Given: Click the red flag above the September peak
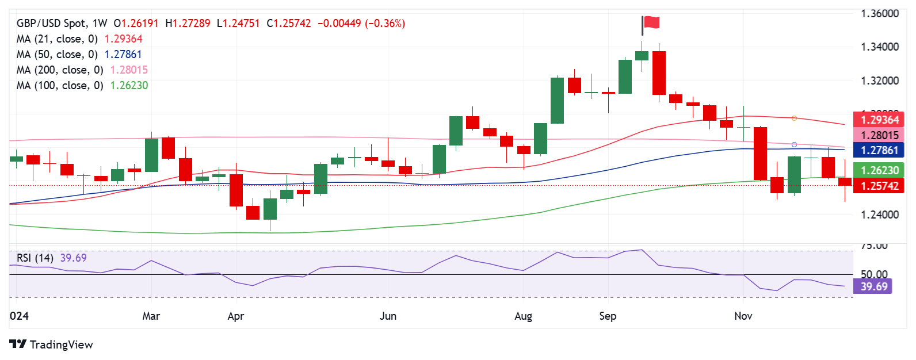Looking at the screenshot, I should [x=651, y=23].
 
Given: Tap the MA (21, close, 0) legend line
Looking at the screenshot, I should [x=79, y=39].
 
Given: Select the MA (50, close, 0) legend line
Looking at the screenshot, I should [x=79, y=55].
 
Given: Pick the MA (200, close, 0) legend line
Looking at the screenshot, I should [x=82, y=70].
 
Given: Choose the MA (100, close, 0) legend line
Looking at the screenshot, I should [x=82, y=86].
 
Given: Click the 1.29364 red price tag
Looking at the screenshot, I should [x=879, y=120].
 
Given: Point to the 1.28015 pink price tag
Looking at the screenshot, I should [x=879, y=135].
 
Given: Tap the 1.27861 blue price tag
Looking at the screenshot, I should [x=879, y=151].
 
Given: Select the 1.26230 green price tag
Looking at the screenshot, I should [x=879, y=170].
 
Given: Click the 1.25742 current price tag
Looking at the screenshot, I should [x=879, y=186].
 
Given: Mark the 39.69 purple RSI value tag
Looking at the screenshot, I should [x=873, y=286].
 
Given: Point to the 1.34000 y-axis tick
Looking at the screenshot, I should [x=879, y=47].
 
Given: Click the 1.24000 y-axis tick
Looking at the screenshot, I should [x=879, y=215].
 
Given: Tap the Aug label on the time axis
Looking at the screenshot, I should [x=524, y=316].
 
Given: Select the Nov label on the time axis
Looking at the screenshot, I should [x=743, y=316].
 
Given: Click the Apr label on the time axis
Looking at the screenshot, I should [x=236, y=316].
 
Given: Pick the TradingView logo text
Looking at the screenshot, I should [x=61, y=344].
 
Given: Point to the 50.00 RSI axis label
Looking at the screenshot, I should [x=874, y=274].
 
